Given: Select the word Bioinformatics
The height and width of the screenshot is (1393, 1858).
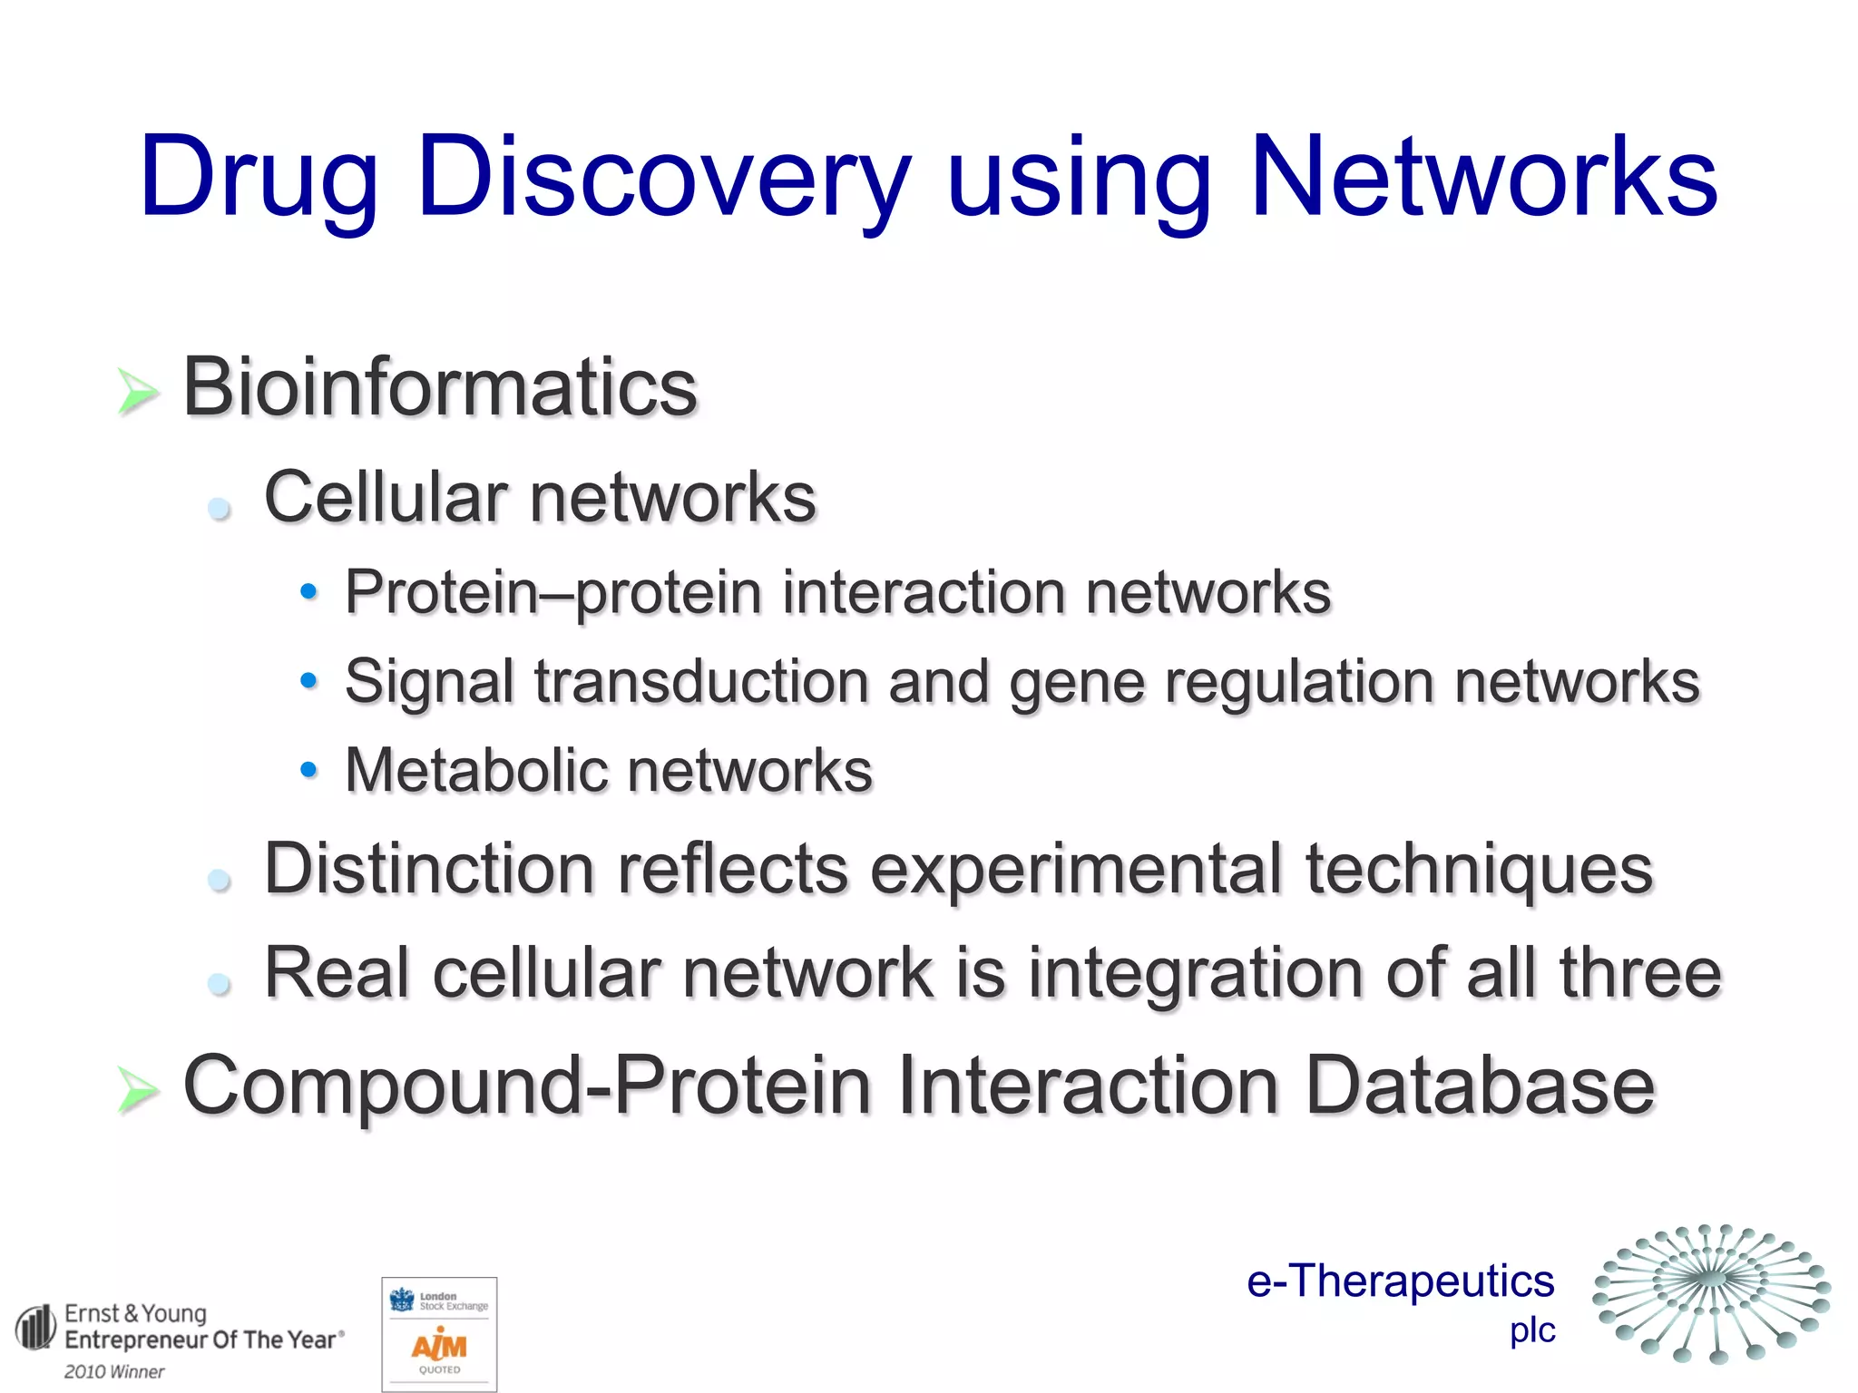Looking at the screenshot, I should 439,387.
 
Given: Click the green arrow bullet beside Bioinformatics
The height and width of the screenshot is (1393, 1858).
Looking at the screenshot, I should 138,393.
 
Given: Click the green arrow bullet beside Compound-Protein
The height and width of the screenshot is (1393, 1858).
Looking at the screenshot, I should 138,1088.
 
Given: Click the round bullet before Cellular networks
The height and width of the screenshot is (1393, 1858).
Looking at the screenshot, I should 219,508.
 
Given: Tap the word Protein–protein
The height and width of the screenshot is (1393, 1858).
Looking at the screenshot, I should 553,592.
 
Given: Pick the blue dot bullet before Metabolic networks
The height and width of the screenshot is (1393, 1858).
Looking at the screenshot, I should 308,770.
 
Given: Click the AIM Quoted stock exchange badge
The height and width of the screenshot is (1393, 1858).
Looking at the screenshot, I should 439,1334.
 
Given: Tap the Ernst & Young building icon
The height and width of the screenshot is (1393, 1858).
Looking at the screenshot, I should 36,1329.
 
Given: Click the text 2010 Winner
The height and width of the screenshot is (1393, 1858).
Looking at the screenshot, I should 114,1372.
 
